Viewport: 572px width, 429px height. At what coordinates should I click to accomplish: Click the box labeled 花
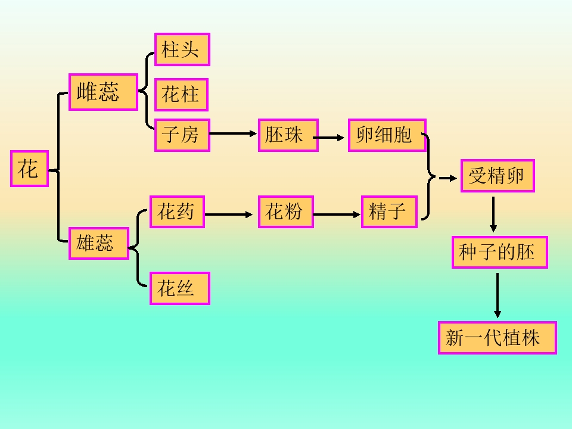(29, 169)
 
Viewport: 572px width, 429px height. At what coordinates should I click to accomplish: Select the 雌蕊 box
(104, 92)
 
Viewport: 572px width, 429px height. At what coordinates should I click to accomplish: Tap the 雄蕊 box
(99, 243)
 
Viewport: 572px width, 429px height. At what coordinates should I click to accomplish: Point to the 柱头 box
(182, 49)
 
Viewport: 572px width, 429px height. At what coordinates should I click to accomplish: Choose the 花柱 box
(181, 95)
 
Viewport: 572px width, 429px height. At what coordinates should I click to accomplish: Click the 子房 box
(182, 135)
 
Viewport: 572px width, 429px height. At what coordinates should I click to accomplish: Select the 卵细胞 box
(387, 135)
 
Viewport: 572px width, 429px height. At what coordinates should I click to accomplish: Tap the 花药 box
(177, 212)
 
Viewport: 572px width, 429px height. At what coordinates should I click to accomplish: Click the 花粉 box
(285, 212)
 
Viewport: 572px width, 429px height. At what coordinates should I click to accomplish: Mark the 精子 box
(389, 212)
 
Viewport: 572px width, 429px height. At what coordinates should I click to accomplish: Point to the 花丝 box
(179, 288)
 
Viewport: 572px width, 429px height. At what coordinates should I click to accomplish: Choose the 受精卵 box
(498, 176)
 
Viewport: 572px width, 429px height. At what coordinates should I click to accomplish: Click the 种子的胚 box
(499, 252)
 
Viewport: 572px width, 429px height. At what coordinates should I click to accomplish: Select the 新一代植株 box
(497, 338)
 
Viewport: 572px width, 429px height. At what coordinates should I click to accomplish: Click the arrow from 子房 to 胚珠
(233, 133)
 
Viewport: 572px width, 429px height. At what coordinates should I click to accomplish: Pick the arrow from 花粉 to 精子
(337, 214)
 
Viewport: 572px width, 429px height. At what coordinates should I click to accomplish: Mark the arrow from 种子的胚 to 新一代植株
(498, 295)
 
